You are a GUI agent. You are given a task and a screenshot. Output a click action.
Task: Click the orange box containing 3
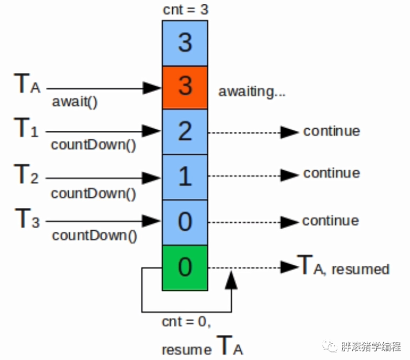click(x=185, y=87)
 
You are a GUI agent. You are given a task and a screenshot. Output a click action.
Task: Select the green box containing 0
click(x=185, y=267)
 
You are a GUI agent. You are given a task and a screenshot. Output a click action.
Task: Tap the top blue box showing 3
click(x=185, y=43)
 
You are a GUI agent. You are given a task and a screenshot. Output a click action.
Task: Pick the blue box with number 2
click(x=185, y=132)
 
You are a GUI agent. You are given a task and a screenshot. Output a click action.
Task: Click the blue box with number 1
click(x=185, y=177)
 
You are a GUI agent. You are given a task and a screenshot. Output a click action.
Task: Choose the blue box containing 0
click(x=185, y=223)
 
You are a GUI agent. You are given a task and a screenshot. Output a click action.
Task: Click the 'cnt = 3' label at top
click(x=185, y=10)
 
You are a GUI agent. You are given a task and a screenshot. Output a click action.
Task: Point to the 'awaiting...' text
click(x=252, y=92)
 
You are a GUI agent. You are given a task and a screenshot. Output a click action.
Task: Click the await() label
click(x=75, y=102)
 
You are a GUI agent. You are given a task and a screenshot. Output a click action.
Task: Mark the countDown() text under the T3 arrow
click(x=94, y=236)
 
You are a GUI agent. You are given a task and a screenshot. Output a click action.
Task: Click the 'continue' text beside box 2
click(x=331, y=131)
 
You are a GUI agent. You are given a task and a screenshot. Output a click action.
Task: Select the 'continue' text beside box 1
click(x=331, y=173)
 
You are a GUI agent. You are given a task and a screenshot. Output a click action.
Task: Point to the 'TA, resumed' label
click(x=343, y=268)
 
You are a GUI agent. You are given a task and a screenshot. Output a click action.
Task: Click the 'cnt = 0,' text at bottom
click(x=186, y=322)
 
